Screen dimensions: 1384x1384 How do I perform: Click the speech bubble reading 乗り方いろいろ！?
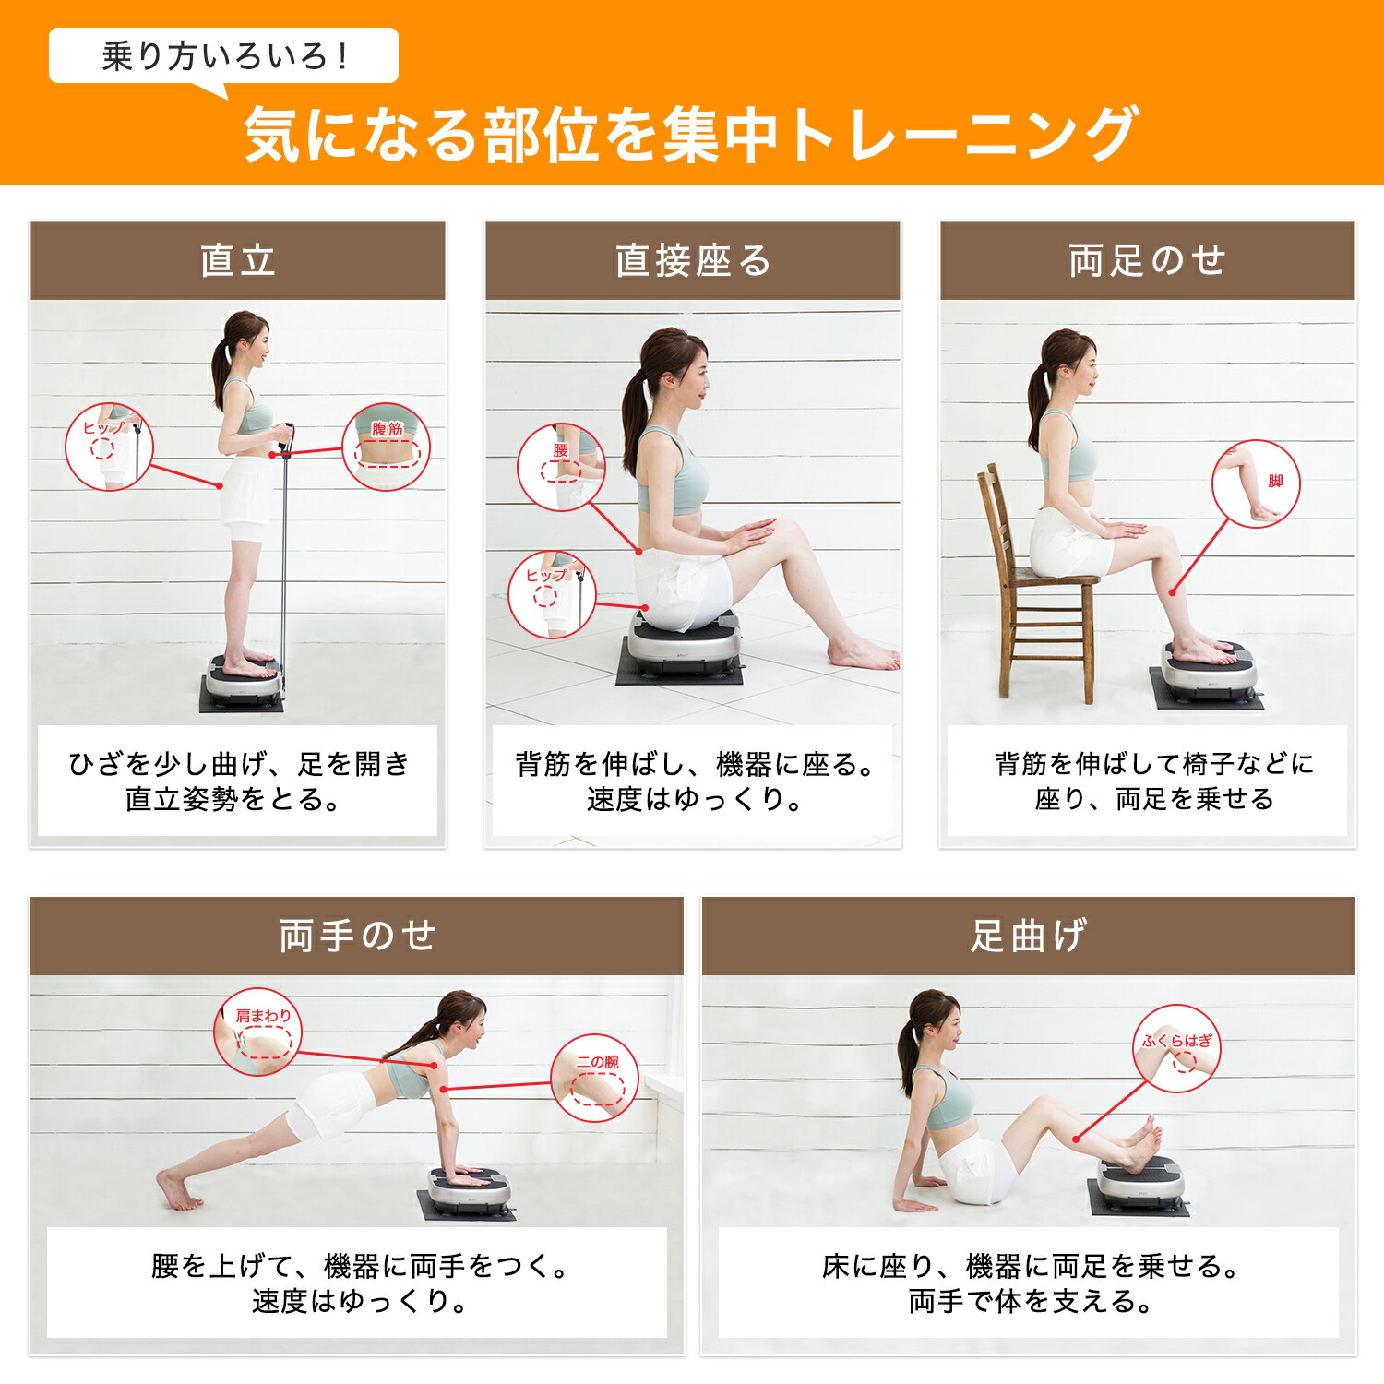pyautogui.click(x=223, y=57)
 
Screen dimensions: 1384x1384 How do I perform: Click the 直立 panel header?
pyautogui.click(x=238, y=260)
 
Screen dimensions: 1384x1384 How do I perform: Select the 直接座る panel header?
pyautogui.click(x=693, y=260)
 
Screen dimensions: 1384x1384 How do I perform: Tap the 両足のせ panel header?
pyautogui.click(x=1148, y=260)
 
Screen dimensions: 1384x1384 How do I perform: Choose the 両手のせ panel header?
pyautogui.click(x=357, y=936)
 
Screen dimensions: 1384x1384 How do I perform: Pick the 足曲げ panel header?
pyautogui.click(x=1029, y=936)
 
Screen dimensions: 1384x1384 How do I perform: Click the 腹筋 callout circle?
pyautogui.click(x=387, y=447)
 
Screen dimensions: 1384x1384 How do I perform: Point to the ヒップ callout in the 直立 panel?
pyautogui.click(x=109, y=447)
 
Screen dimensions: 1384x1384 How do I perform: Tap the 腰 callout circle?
pyautogui.click(x=561, y=468)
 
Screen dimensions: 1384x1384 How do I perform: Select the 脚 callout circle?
pyautogui.click(x=1256, y=483)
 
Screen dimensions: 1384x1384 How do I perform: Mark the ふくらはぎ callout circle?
pyautogui.click(x=1177, y=1049)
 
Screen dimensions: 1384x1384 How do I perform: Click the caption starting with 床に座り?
pyautogui.click(x=1029, y=1283)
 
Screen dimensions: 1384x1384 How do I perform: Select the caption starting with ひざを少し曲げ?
pyautogui.click(x=238, y=781)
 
